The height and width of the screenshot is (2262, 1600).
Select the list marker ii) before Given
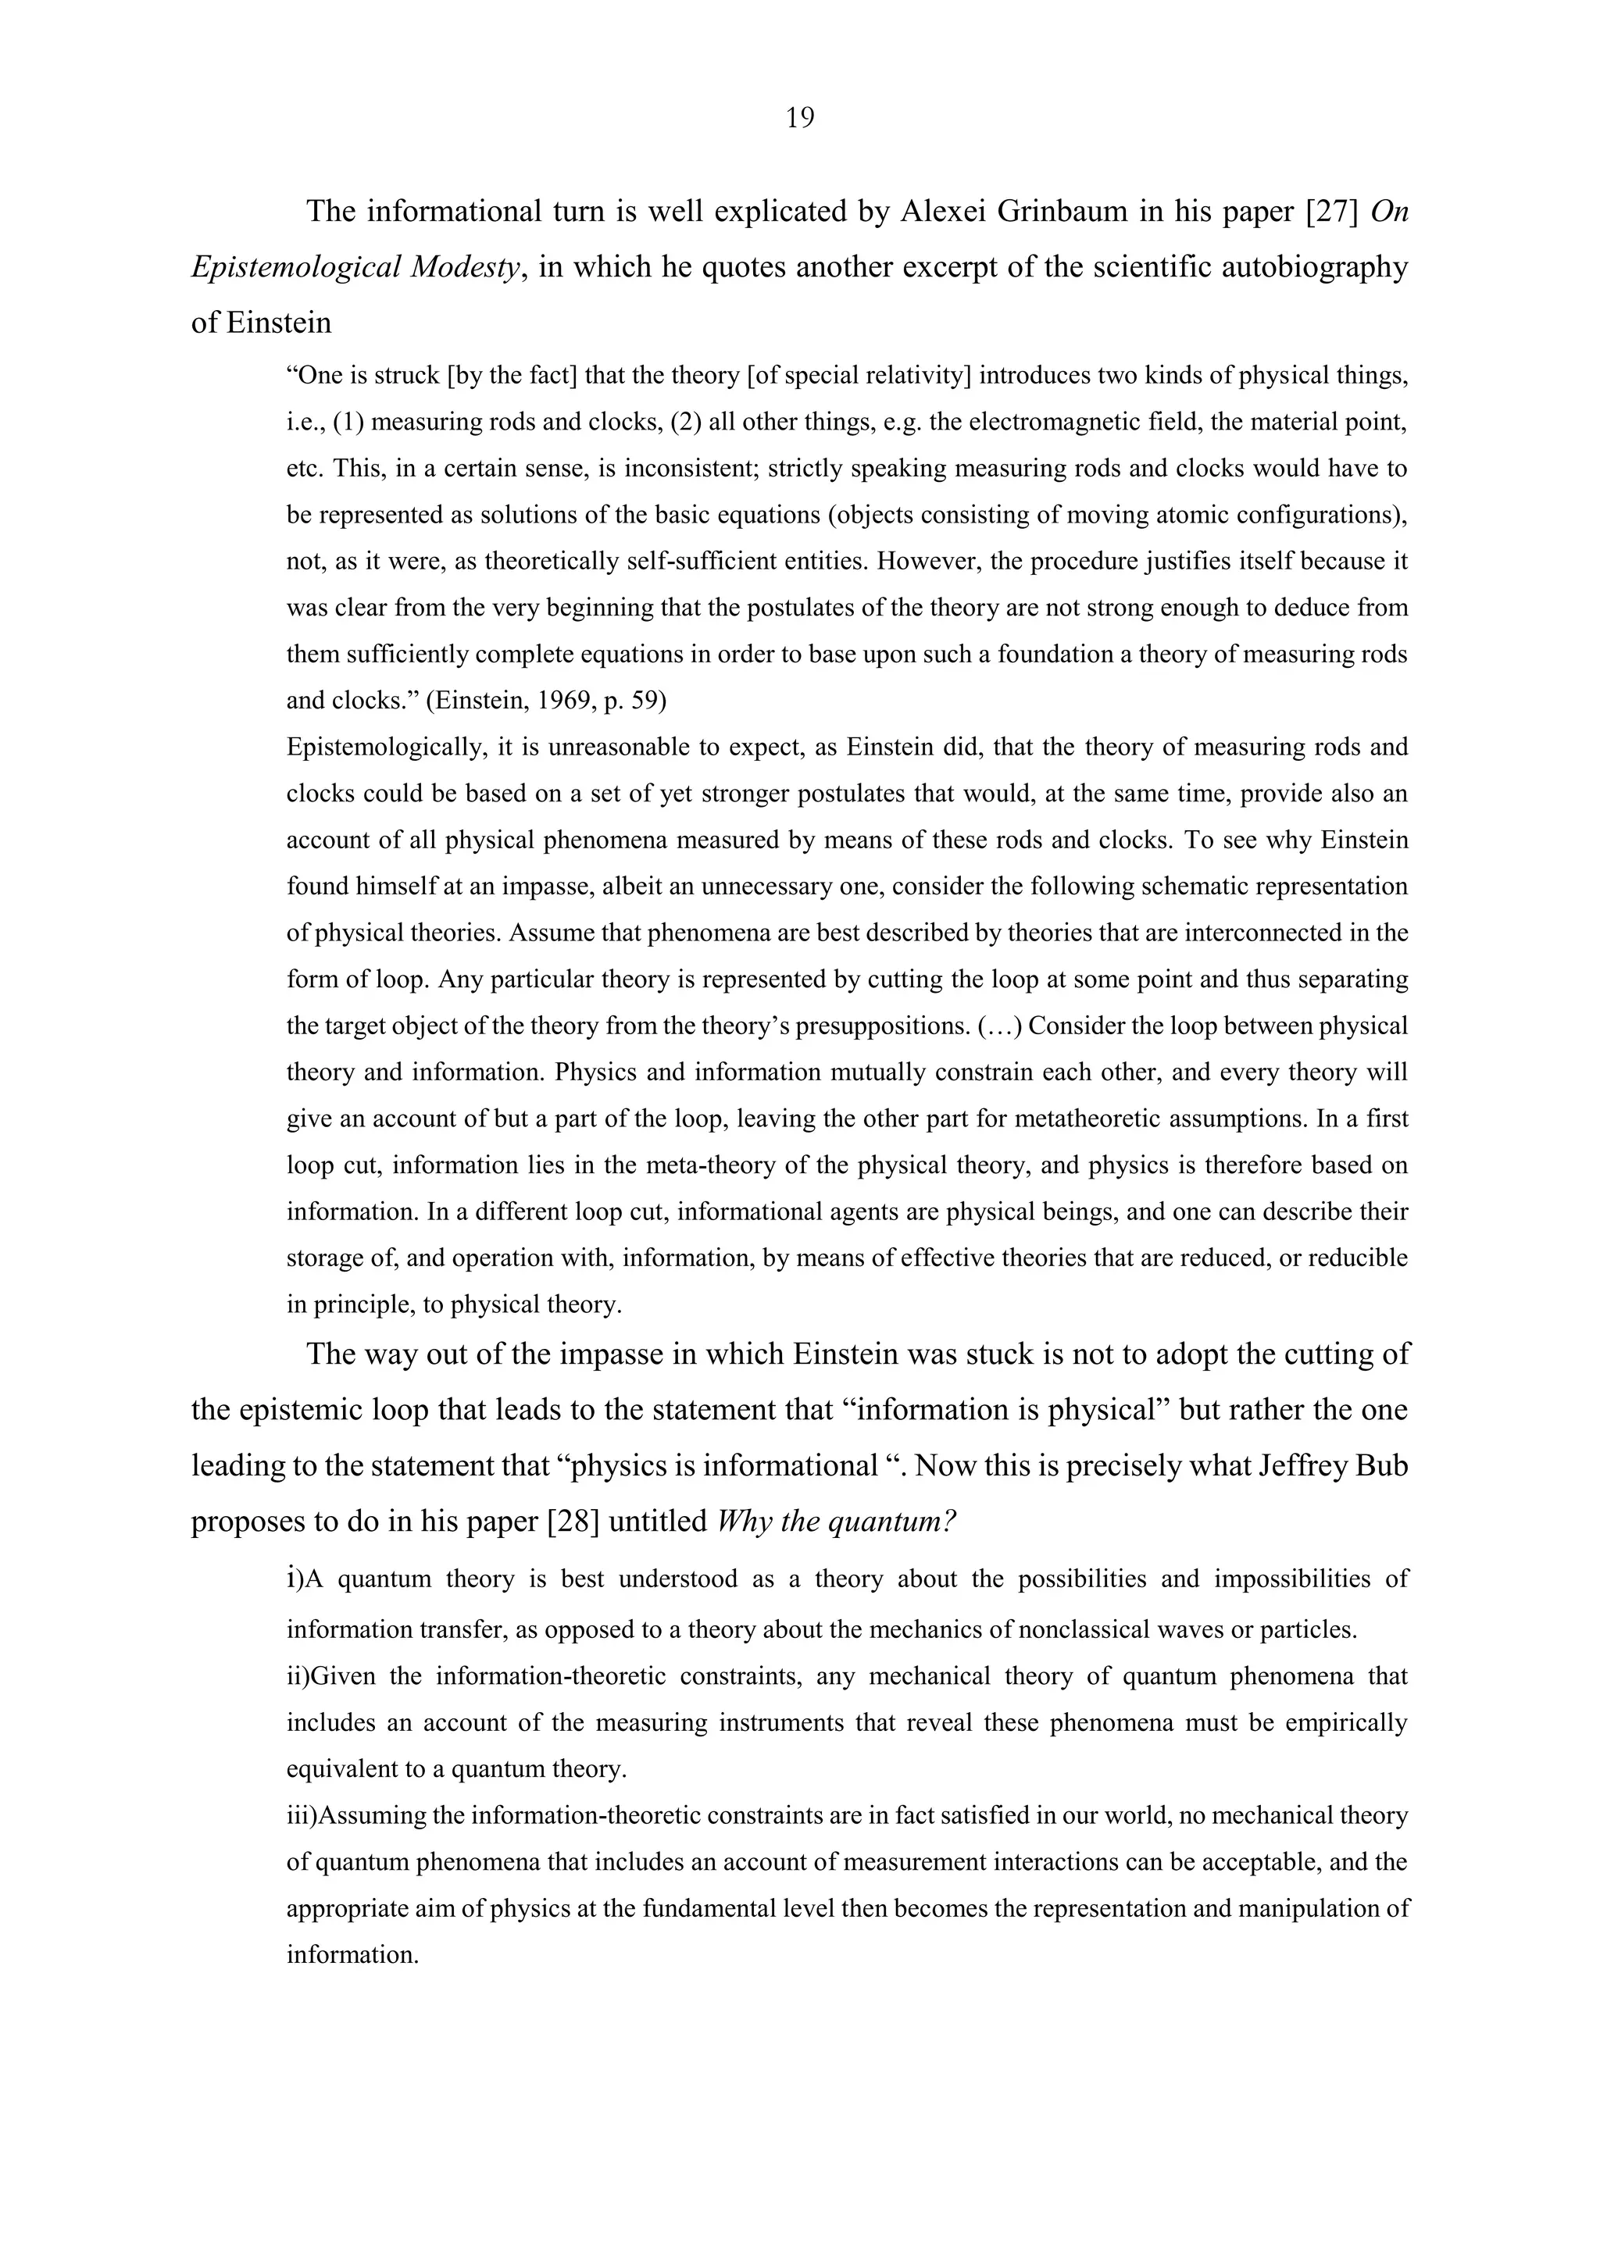298,1676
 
